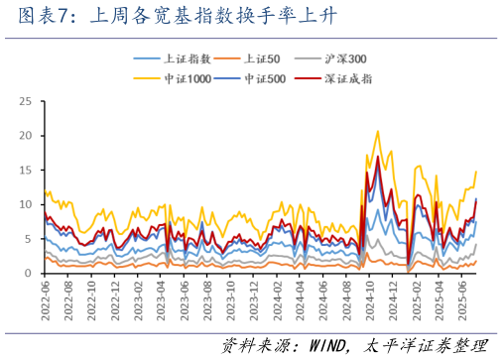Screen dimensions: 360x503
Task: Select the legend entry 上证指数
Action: click(x=182, y=60)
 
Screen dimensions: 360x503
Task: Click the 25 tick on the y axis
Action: click(x=26, y=101)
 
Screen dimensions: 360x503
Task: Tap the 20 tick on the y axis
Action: click(x=26, y=136)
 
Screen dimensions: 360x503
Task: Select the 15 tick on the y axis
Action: click(x=26, y=171)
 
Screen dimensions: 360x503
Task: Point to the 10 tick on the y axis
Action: click(x=26, y=204)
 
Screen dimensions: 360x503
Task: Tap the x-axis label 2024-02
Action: click(x=283, y=298)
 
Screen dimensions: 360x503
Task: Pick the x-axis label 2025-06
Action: click(x=475, y=298)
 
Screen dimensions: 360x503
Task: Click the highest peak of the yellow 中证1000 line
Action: click(x=377, y=131)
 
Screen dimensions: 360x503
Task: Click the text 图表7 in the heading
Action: click(x=32, y=15)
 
